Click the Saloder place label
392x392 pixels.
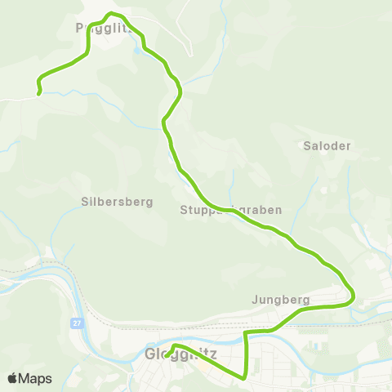click(327, 146)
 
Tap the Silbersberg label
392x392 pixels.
click(117, 202)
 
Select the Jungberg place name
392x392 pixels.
click(282, 300)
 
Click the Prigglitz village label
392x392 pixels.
click(98, 28)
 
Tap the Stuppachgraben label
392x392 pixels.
click(230, 210)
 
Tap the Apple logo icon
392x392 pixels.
click(12, 378)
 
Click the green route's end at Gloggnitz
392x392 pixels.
click(167, 355)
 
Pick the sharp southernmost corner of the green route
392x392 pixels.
click(246, 376)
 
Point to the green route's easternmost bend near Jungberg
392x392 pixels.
click(353, 297)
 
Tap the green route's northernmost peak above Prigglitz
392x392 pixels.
click(112, 14)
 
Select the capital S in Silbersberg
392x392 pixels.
click(84, 202)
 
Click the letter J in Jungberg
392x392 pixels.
click(256, 300)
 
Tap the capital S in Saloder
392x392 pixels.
click(306, 146)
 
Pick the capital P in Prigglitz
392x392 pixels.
click(78, 28)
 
